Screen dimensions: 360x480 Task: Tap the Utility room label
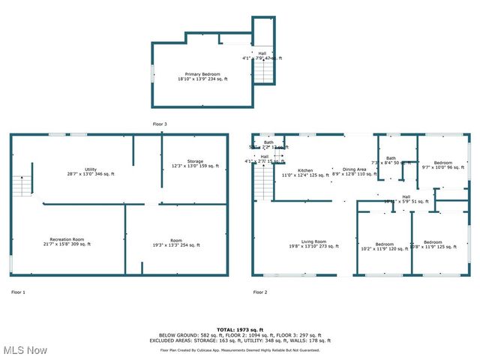[x=91, y=172]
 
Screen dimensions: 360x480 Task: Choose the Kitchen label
[x=305, y=172]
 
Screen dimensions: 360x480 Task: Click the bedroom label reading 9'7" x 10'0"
[x=442, y=164]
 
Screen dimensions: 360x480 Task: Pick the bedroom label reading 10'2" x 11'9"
[x=384, y=246]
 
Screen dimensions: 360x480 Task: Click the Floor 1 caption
[x=18, y=292]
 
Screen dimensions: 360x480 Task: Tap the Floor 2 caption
[x=259, y=292]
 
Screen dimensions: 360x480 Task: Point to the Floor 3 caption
[x=160, y=123]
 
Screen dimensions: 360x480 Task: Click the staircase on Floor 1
[x=22, y=181]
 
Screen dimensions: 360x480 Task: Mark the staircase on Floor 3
[x=262, y=72]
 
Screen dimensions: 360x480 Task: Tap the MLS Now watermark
[x=25, y=350]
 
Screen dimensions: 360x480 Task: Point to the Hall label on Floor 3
[x=262, y=55]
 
